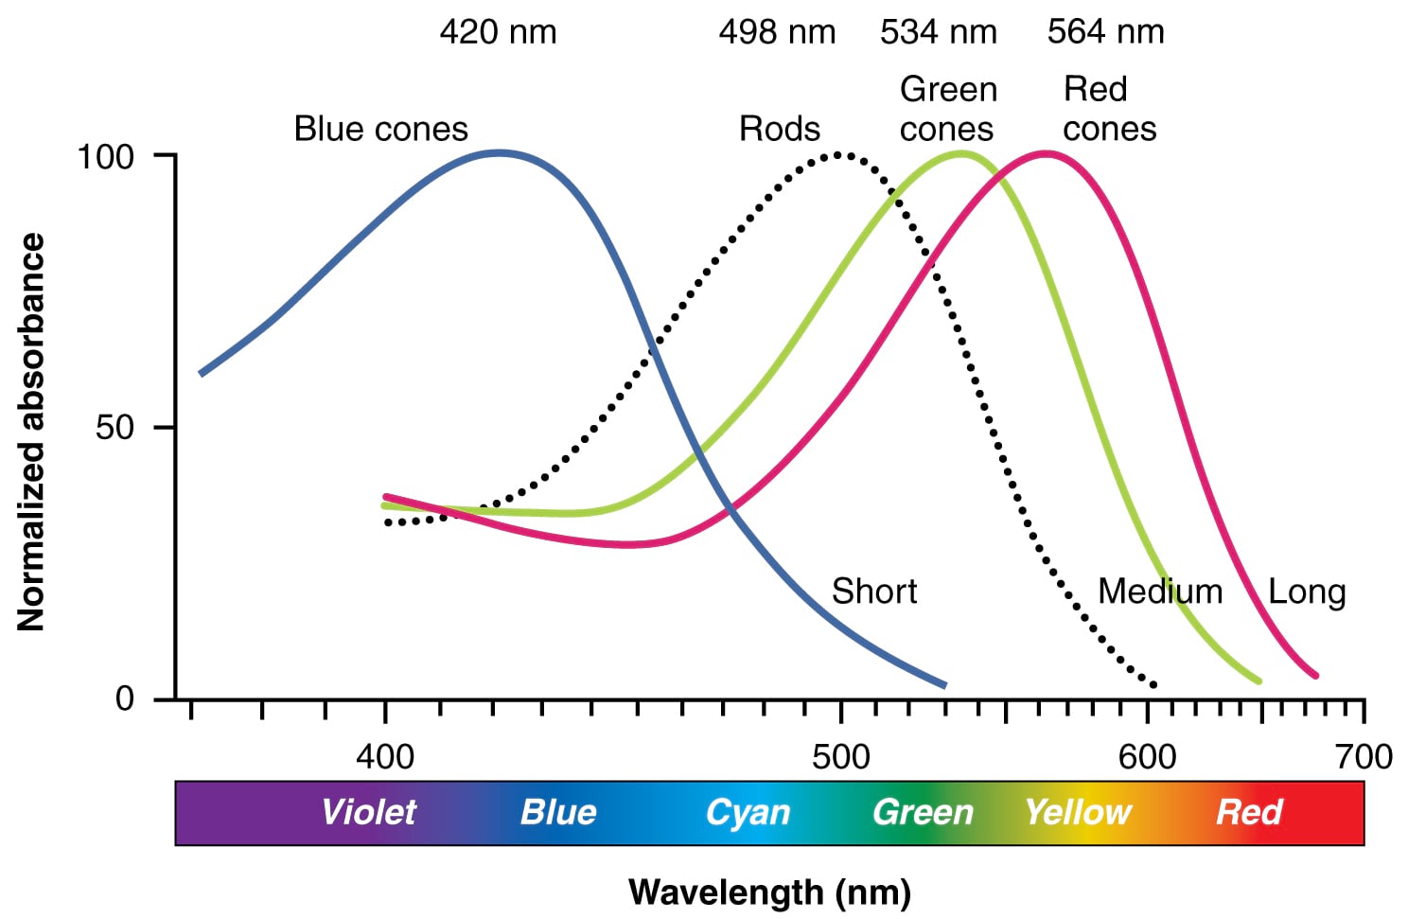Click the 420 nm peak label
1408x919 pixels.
[498, 32]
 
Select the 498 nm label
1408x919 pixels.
[777, 32]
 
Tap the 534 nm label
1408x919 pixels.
[938, 32]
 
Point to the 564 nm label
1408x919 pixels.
[1105, 32]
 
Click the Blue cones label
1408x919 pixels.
[380, 129]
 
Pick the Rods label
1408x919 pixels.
[779, 129]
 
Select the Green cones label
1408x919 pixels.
[947, 109]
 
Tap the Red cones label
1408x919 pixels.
[1109, 109]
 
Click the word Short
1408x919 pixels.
[874, 592]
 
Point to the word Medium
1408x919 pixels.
[1160, 592]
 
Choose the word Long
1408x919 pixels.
[1307, 592]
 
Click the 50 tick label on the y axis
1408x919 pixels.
[114, 428]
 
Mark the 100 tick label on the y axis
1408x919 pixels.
[105, 156]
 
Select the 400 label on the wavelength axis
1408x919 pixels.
[385, 757]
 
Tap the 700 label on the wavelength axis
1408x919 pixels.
[1364, 757]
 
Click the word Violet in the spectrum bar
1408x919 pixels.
[368, 812]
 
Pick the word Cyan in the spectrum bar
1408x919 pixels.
[748, 813]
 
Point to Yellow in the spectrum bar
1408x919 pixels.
[1078, 812]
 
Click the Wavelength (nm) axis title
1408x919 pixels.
[769, 892]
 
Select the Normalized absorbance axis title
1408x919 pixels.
[31, 432]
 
